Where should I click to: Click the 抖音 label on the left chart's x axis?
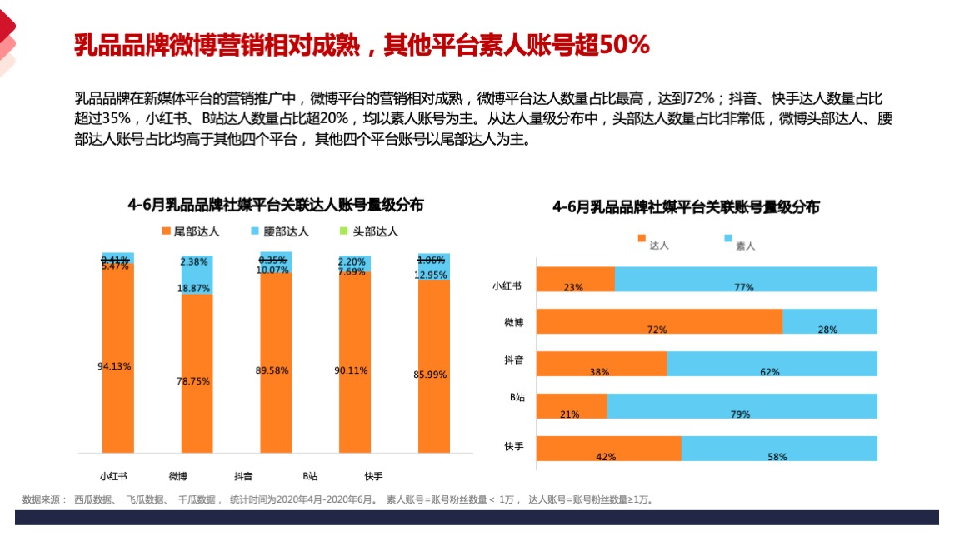pos(243,476)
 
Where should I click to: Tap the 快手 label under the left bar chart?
pos(373,476)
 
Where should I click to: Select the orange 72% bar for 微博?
pos(658,320)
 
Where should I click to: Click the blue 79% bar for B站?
pos(742,405)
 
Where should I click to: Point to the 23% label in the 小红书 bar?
pos(573,287)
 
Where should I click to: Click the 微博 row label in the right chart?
pos(514,321)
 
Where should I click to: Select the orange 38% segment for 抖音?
pos(601,363)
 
